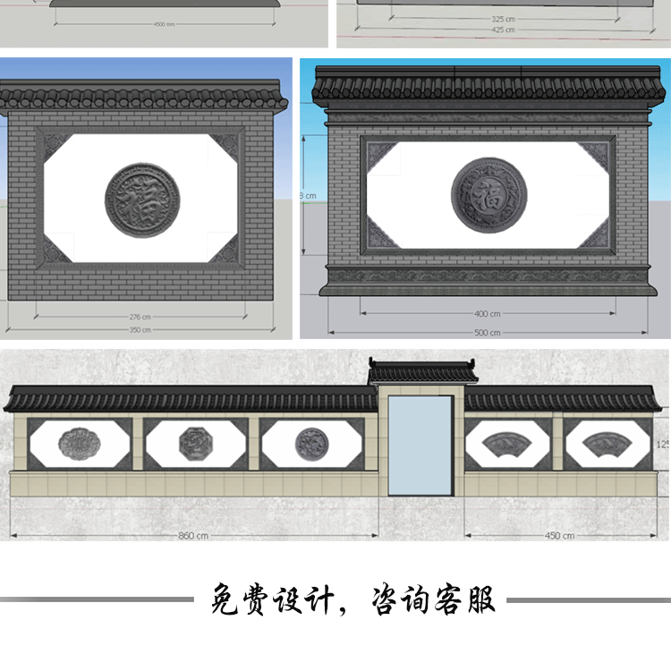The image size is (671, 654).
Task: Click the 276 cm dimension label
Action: point(139,317)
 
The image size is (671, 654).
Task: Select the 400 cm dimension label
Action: point(488,314)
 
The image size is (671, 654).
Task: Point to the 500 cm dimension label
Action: point(488,333)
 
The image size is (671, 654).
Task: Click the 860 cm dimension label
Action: point(193,535)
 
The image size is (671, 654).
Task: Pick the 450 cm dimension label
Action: point(559,535)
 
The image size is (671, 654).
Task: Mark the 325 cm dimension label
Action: point(503,18)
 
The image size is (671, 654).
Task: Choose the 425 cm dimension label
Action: point(503,30)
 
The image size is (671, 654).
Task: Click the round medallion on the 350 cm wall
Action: point(142,200)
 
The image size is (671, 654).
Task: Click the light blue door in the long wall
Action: point(420,445)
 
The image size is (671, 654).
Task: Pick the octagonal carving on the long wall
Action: point(194,441)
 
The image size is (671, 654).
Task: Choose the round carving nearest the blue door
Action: point(310,441)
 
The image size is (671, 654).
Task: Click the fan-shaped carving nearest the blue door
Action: point(505,440)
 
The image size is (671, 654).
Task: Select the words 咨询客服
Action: point(434,599)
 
